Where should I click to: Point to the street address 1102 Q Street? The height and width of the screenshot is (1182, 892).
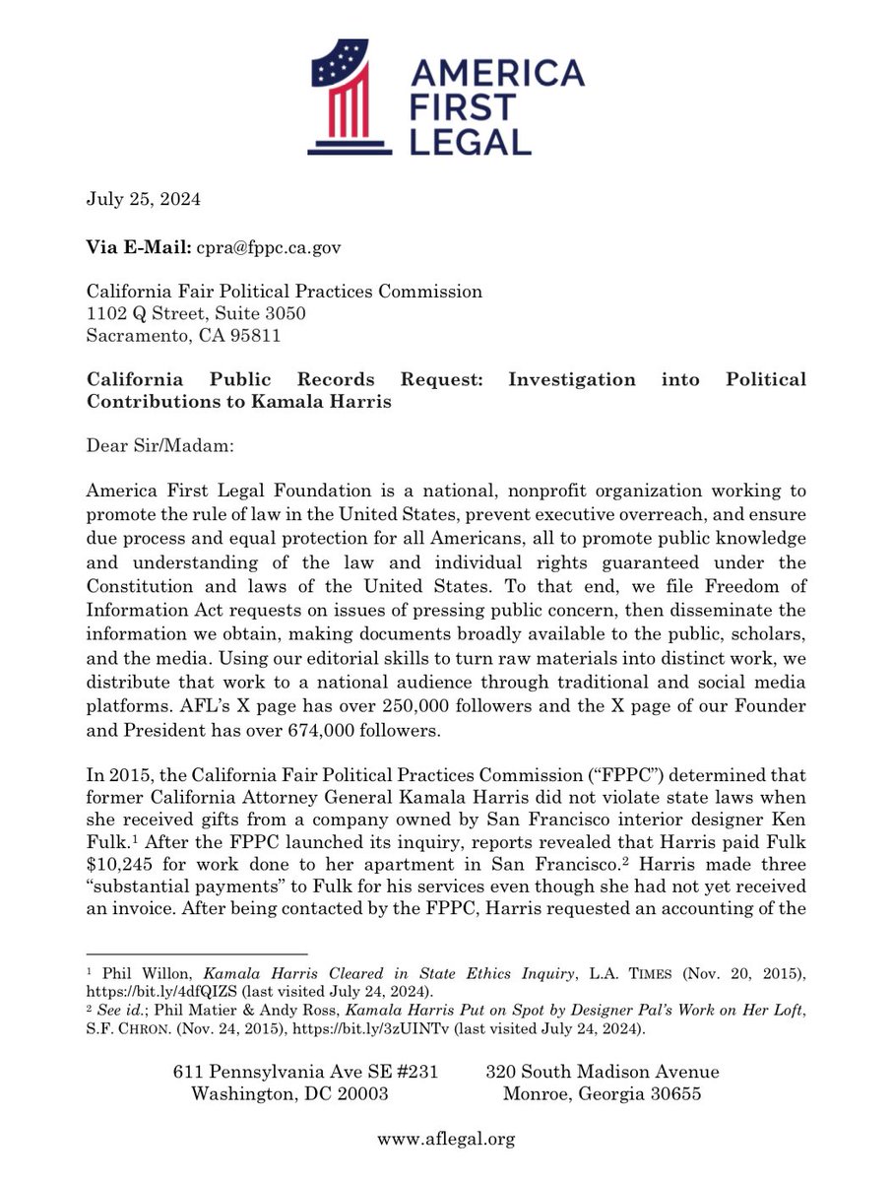tap(149, 313)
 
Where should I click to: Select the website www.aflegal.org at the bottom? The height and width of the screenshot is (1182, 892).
tap(446, 1140)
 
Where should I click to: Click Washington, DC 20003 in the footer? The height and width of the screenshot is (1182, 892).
tap(290, 1094)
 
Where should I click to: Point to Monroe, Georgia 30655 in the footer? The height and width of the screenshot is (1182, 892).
tap(602, 1094)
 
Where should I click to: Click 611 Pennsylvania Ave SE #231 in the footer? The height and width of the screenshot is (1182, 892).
tap(304, 1072)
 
